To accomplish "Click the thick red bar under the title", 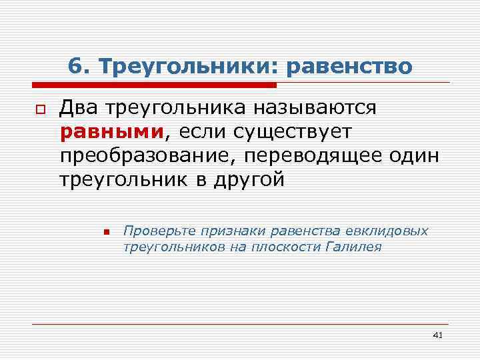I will pyautogui.click(x=154, y=85).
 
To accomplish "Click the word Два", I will pyautogui.click(x=79, y=107).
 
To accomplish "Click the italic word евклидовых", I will pyautogui.click(x=387, y=231).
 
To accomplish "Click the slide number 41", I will pyautogui.click(x=437, y=334).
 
